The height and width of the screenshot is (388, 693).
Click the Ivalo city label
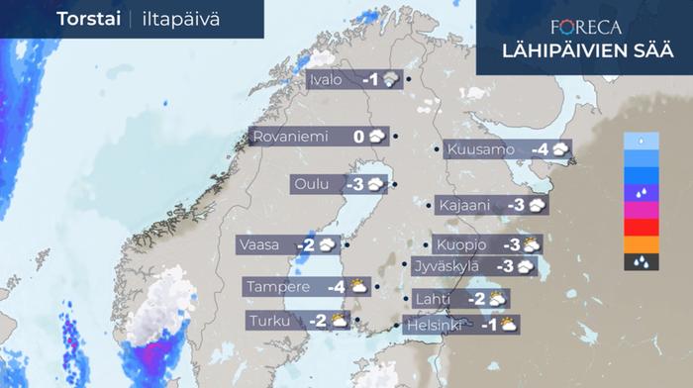(328, 80)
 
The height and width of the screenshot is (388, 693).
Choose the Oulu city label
(312, 184)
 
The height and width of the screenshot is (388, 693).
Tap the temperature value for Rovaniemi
(359, 137)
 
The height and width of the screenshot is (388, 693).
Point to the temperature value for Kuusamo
(540, 149)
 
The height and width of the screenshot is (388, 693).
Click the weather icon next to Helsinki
(508, 324)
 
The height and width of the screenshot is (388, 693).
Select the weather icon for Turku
(339, 320)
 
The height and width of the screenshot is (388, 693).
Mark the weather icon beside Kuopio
(533, 243)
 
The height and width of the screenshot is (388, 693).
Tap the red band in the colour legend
(643, 227)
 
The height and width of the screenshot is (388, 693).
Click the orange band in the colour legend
(643, 244)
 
